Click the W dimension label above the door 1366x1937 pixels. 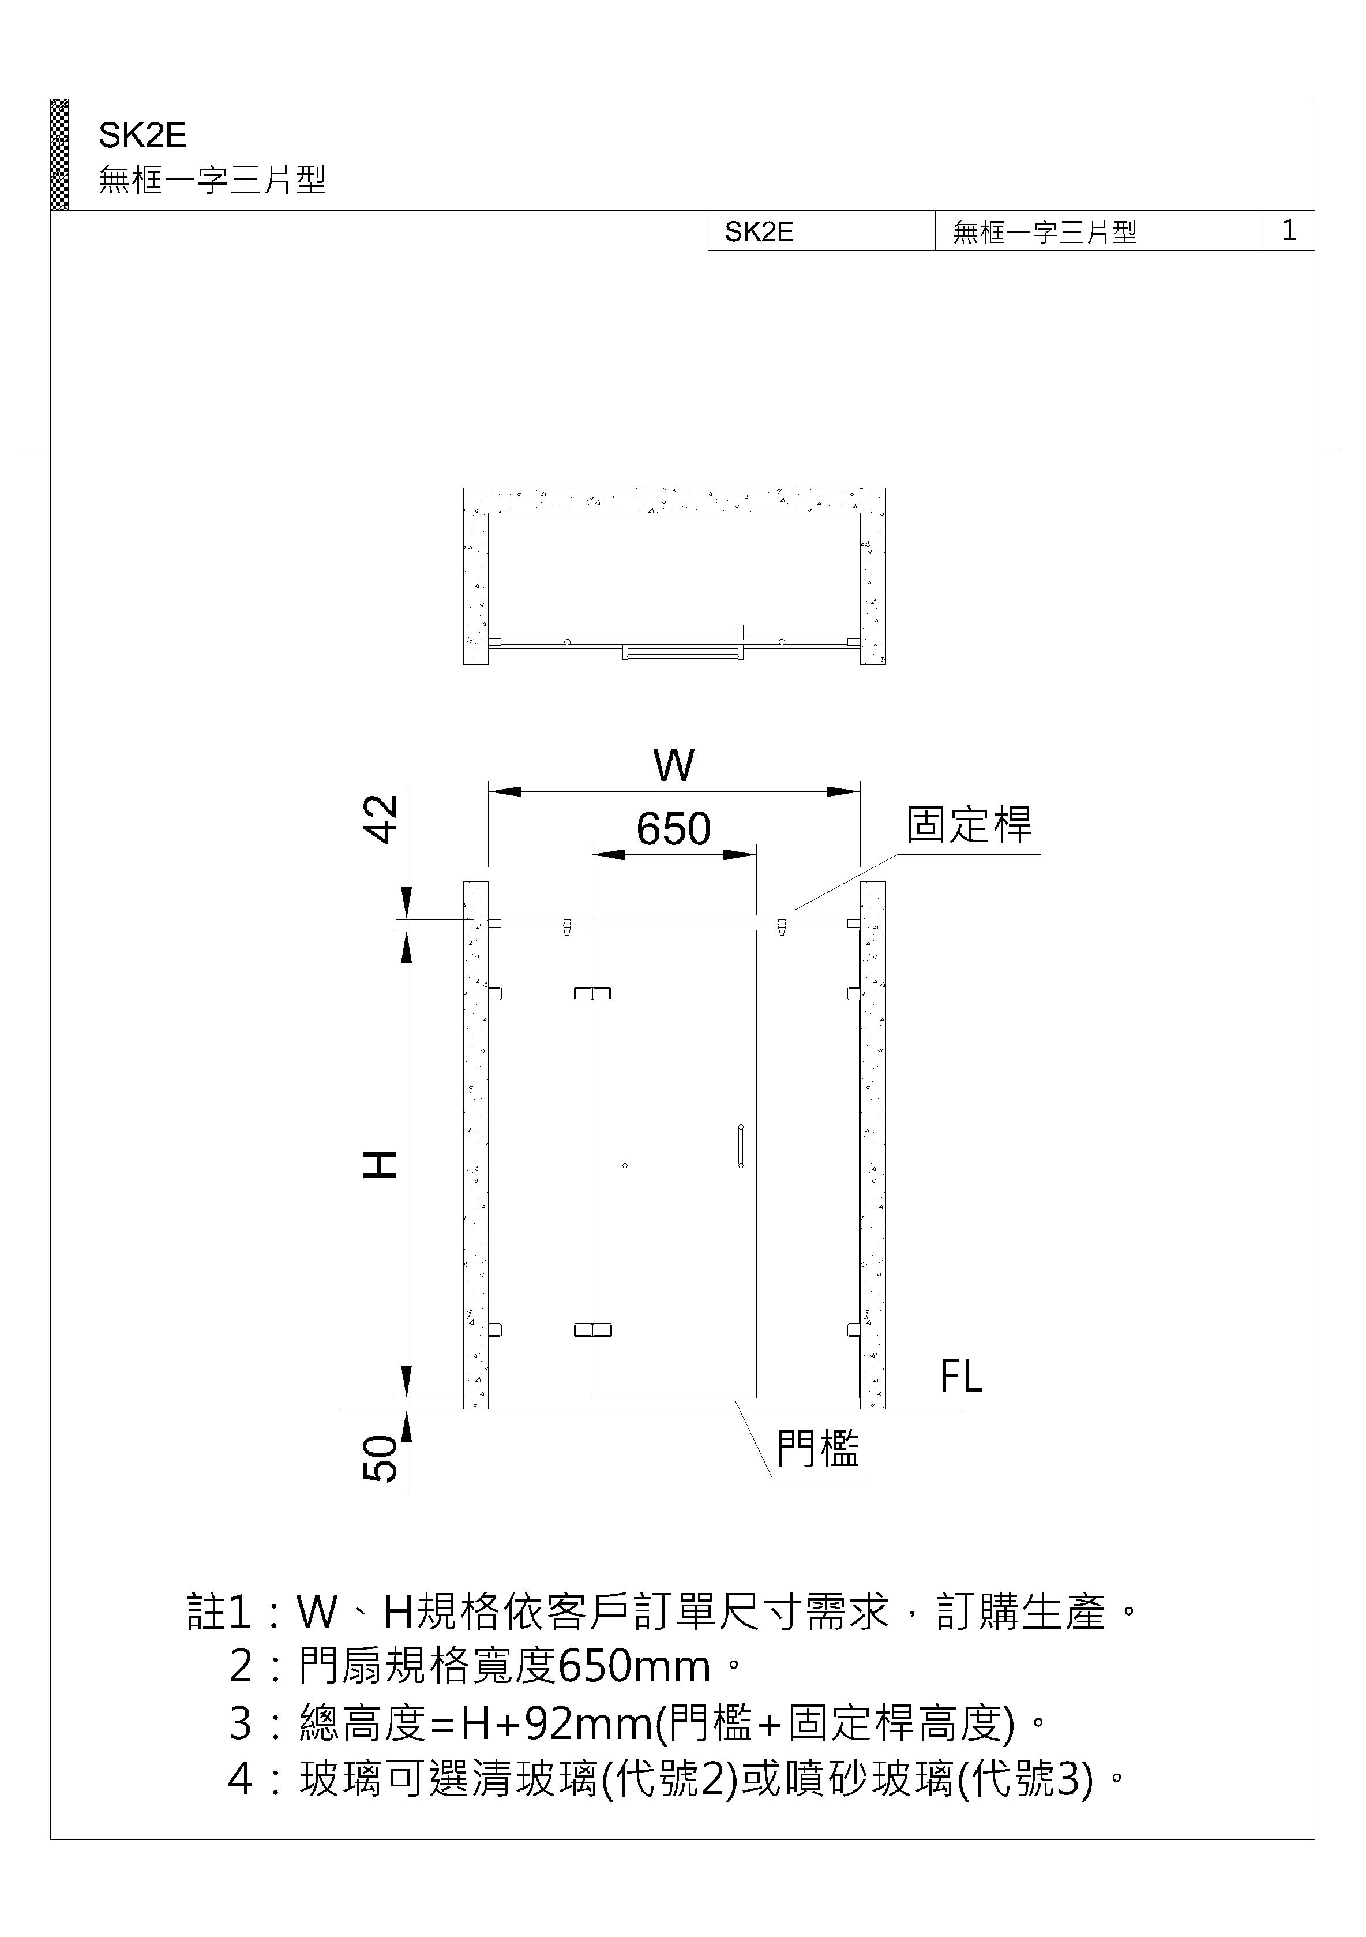click(674, 766)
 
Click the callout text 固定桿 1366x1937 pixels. click(969, 824)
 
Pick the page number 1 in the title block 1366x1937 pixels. click(1289, 230)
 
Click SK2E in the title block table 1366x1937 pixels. click(759, 232)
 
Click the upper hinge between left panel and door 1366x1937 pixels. click(592, 993)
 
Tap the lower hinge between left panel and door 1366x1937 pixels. click(592, 1330)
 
